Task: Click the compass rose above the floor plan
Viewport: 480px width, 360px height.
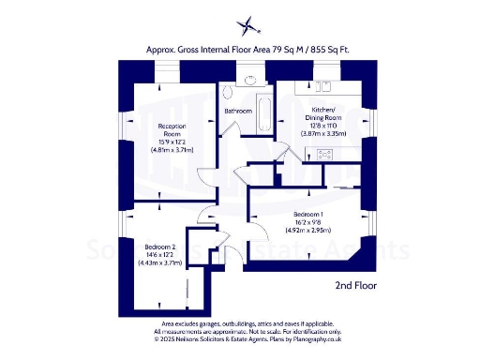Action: coord(247,25)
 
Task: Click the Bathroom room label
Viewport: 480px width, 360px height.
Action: coord(238,112)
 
